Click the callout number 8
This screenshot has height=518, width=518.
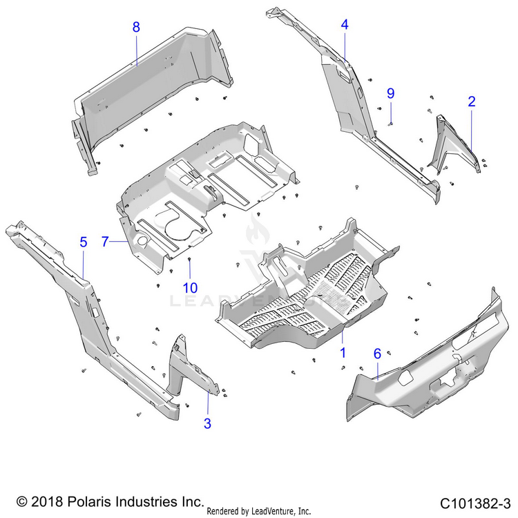(136, 28)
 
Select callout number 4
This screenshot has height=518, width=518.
(344, 25)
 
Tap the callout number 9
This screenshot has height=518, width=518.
(390, 93)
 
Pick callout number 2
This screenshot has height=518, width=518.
(472, 102)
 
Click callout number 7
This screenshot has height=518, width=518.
(106, 242)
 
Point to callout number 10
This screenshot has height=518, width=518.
(189, 287)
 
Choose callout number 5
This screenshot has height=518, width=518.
(84, 242)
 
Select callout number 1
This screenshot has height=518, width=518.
(342, 352)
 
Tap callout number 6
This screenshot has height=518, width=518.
(377, 354)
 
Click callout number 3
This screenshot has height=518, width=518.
(207, 423)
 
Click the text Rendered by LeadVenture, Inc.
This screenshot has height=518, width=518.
(258, 511)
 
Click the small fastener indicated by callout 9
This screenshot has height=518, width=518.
(390, 123)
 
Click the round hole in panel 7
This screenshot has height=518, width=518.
(142, 241)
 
